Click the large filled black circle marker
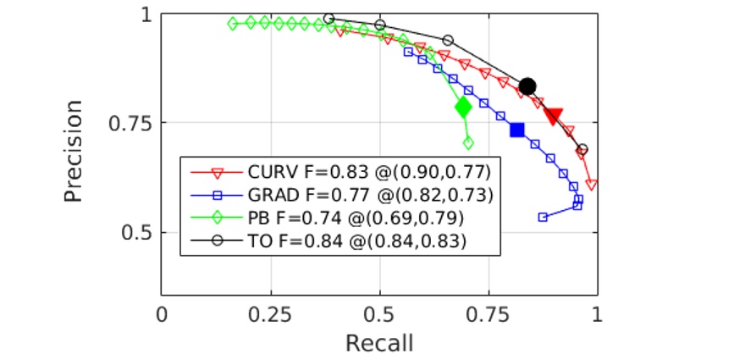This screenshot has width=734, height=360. pos(527,86)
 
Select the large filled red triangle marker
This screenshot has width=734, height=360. pos(554,116)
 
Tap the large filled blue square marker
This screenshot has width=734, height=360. pos(517,130)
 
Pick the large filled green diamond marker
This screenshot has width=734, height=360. pos(463,107)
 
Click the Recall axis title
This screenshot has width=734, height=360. pos(379,343)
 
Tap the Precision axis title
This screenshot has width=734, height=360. pos(75,152)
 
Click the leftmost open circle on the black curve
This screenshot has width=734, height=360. pos(329,18)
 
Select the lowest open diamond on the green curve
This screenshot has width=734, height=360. pos(468,142)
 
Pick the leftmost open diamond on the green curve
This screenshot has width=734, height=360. pos(233,24)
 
